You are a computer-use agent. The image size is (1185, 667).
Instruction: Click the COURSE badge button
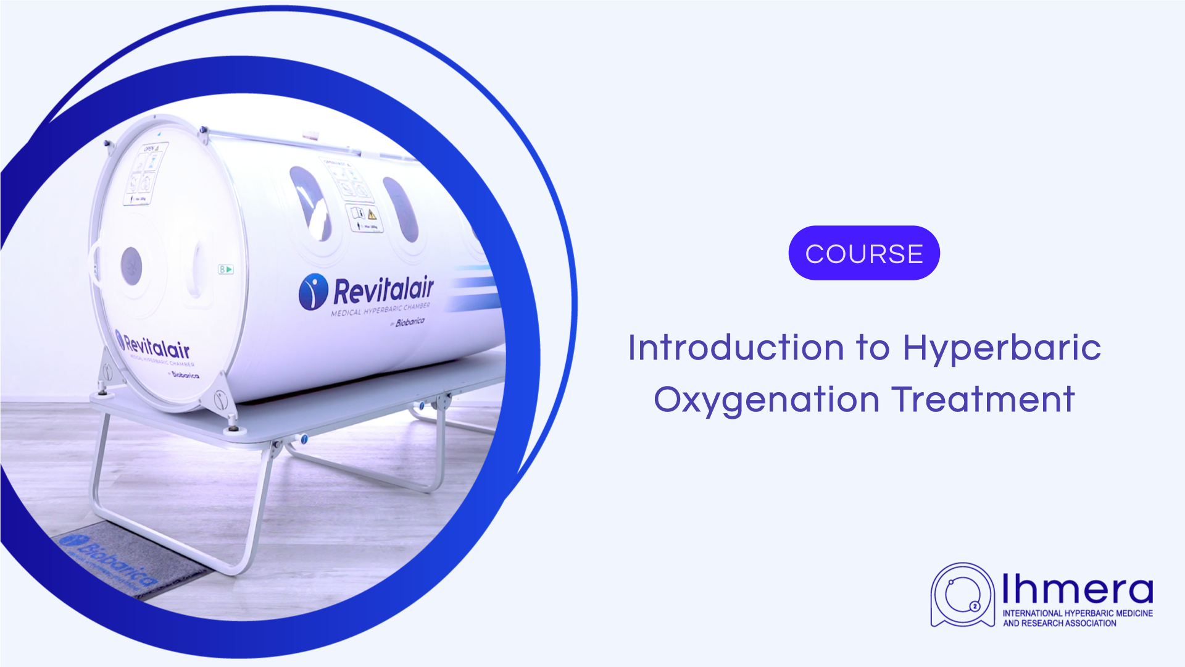pyautogui.click(x=864, y=253)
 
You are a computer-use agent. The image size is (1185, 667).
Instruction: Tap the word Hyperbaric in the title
pyautogui.click(x=1002, y=349)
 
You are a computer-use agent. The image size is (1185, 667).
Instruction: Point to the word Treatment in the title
pyautogui.click(x=983, y=400)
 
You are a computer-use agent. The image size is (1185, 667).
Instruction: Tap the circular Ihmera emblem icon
pyautogui.click(x=962, y=595)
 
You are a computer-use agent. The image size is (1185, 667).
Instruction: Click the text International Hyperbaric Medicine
pyautogui.click(x=1078, y=613)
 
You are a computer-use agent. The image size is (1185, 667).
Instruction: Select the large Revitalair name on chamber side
pyautogui.click(x=383, y=290)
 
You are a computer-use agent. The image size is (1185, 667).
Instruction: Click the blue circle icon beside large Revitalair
pyautogui.click(x=314, y=292)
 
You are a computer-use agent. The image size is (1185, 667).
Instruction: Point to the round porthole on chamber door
pyautogui.click(x=131, y=266)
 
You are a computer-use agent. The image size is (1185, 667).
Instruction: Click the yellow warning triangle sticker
pyautogui.click(x=372, y=214)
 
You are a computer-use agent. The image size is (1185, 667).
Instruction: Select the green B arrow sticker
pyautogui.click(x=226, y=269)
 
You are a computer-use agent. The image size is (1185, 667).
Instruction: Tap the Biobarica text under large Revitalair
pyautogui.click(x=410, y=322)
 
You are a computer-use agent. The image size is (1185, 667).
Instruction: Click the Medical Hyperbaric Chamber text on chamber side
pyautogui.click(x=380, y=309)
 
